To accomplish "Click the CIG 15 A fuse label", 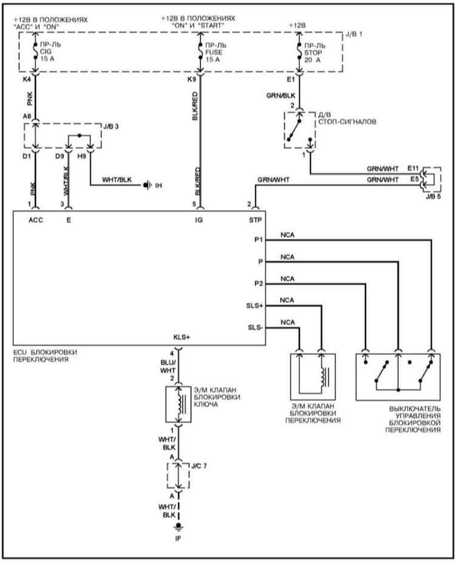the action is click(50, 52).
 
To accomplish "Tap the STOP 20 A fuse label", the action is click(314, 53).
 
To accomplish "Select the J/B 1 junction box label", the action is click(354, 34).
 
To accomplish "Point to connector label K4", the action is click(27, 79).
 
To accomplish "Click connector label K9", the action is click(192, 79).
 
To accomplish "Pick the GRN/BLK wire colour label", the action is click(281, 96).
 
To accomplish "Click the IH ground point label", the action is click(158, 186).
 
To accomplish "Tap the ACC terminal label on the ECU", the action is click(36, 220).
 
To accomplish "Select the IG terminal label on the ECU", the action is click(198, 220).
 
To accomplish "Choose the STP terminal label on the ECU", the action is click(255, 220).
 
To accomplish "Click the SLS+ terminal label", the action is click(255, 306).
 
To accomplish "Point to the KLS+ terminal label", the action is click(181, 337).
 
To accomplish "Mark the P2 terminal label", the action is click(258, 284).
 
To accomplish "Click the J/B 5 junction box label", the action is click(433, 196).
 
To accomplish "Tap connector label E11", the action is click(413, 168).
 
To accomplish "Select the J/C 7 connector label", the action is click(199, 466).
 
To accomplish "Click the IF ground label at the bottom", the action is click(178, 538).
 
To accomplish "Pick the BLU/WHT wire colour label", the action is click(168, 366).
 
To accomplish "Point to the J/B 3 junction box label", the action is click(111, 127).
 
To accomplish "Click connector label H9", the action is click(82, 156).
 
